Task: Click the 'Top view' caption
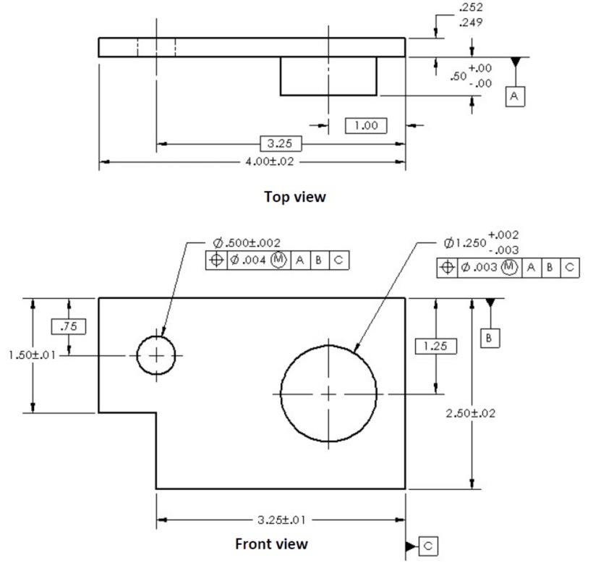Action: coord(294,196)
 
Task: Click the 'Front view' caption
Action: coord(271,543)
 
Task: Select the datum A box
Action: coord(514,96)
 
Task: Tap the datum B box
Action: coord(490,338)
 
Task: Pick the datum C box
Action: coord(429,546)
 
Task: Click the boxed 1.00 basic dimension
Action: coord(365,126)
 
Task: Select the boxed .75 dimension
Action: coord(69,326)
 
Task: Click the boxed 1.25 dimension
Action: coord(435,346)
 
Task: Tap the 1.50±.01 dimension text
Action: coord(28,355)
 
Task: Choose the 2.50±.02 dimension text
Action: coord(472,413)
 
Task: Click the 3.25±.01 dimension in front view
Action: coord(281,520)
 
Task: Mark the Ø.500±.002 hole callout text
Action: coord(247,243)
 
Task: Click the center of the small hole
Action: coord(157,355)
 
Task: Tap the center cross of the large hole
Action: coord(329,394)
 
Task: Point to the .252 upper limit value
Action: coord(471,8)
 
